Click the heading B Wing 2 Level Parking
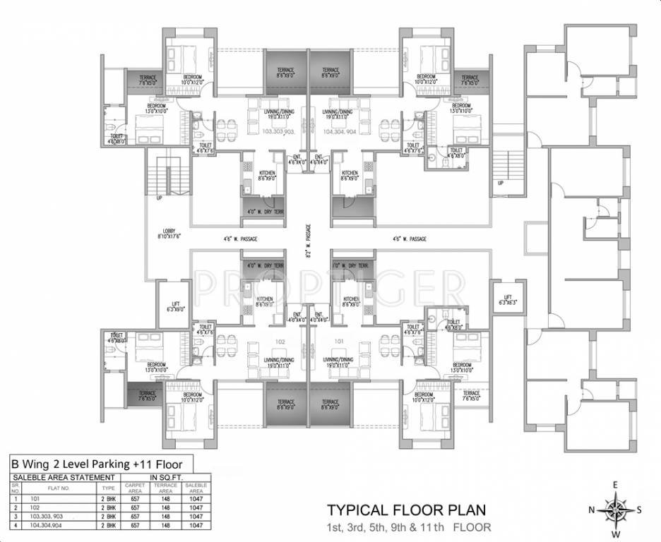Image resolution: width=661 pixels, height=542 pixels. coord(95,464)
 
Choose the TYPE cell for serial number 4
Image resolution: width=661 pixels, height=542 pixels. coord(108,526)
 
